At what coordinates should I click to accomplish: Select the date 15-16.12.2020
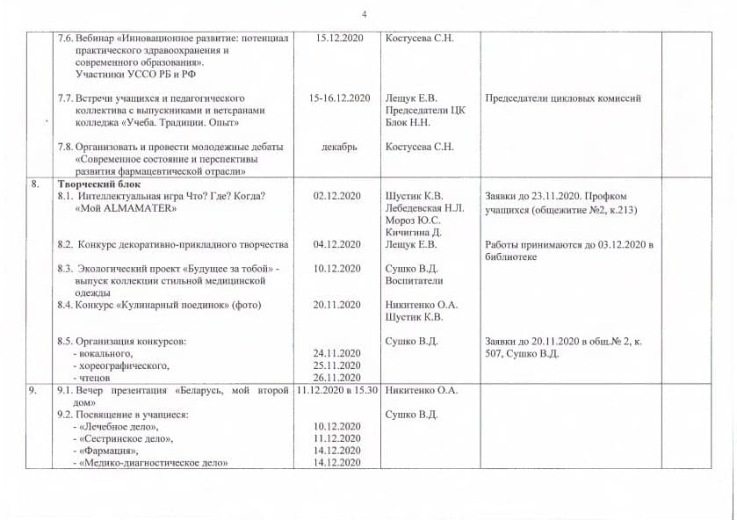pos(339,98)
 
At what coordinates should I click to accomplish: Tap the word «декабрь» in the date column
pos(339,147)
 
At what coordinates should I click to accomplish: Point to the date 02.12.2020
pos(337,196)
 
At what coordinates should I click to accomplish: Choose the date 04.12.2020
pos(337,244)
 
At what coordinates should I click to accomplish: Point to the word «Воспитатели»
pos(414,280)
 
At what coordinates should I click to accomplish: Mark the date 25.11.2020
pos(337,365)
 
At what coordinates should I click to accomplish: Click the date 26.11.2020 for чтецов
pos(337,377)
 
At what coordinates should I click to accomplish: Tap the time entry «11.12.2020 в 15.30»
pos(337,389)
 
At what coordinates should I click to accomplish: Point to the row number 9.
pos(35,389)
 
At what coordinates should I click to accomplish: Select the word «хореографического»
pos(124,365)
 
